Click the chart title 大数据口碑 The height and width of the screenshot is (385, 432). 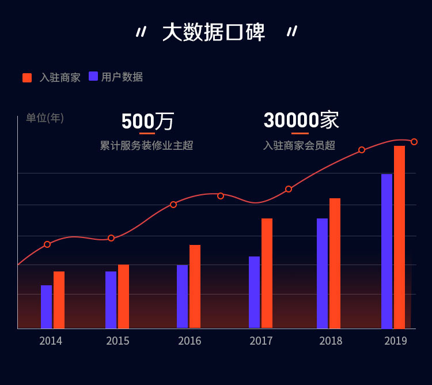click(x=214, y=32)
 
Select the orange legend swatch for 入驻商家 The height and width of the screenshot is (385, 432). click(x=27, y=78)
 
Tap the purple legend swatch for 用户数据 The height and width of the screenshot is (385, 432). click(x=93, y=76)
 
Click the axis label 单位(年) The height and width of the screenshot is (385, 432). click(x=45, y=118)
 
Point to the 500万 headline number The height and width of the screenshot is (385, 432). click(x=147, y=121)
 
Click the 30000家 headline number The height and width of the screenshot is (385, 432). click(x=301, y=120)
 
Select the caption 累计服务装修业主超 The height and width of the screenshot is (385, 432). click(x=146, y=145)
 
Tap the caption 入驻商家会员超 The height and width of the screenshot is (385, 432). click(x=299, y=145)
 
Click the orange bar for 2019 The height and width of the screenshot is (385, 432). click(x=399, y=236)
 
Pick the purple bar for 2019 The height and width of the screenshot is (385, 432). click(x=386, y=251)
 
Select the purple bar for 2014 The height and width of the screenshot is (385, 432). click(x=46, y=307)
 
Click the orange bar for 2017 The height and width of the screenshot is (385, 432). click(x=267, y=273)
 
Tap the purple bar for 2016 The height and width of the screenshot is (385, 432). click(x=182, y=296)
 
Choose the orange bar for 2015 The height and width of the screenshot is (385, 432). click(x=123, y=296)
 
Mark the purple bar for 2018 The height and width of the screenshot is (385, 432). click(x=322, y=273)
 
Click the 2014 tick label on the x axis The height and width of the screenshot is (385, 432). click(x=51, y=341)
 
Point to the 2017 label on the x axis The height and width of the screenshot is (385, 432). click(x=261, y=341)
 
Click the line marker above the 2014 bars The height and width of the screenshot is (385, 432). click(x=47, y=244)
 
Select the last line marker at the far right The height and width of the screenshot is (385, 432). click(x=414, y=142)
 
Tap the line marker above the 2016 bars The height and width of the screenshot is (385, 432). click(x=173, y=205)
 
